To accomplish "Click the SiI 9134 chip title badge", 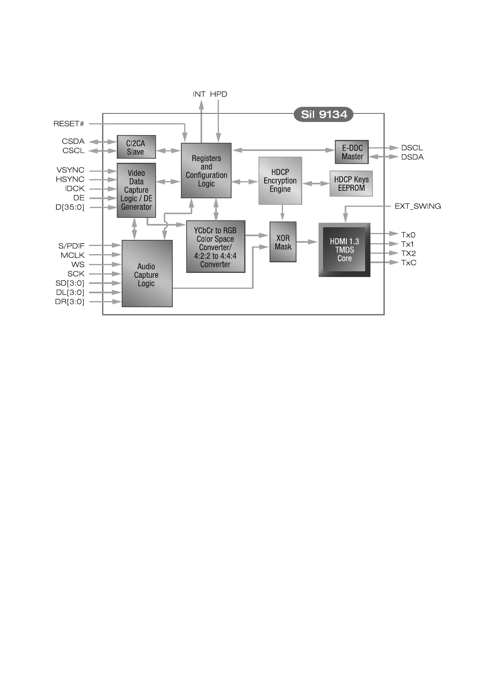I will pos(323,115).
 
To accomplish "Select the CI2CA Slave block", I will pos(136,147).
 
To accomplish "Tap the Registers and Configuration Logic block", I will pos(206,171).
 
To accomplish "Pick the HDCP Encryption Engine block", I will pos(280,181).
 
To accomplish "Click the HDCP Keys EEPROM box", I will pos(351,184).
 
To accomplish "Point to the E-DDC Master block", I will pos(352,152).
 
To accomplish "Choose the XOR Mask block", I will pos(283,242).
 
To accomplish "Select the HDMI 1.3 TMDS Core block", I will pos(344,250).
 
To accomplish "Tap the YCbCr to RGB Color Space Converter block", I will pos(215,247).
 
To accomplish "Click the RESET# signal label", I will pos(69,124).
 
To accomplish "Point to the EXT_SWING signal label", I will pos(417,206).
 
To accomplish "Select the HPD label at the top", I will pos(218,94).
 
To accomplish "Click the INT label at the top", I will pos(199,94).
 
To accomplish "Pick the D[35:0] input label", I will pos(70,208).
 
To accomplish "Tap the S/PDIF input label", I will pos(71,246).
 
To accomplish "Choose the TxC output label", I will pos(408,263).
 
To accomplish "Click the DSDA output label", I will pos(412,157).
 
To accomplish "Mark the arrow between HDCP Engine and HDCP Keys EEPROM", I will pos(316,184).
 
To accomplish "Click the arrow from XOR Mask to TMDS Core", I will pos(307,242).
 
